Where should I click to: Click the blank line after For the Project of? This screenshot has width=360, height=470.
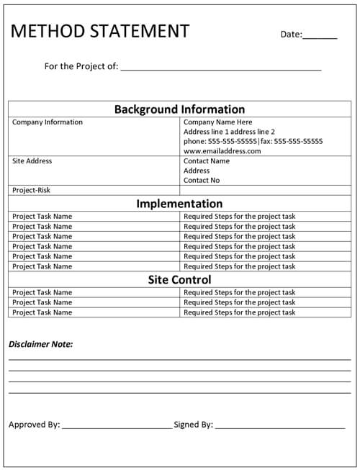click(x=220, y=69)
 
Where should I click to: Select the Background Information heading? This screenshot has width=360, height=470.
click(x=179, y=109)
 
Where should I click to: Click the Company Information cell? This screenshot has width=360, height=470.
click(x=48, y=122)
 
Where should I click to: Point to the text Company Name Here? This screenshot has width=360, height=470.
click(x=218, y=122)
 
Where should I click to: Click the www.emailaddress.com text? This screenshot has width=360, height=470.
click(x=222, y=151)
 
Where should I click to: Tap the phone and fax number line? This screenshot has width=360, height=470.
click(x=253, y=142)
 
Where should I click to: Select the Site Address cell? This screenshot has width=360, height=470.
click(x=32, y=161)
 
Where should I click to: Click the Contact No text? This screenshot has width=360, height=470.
click(x=202, y=181)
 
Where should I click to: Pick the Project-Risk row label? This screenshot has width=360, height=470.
click(x=32, y=191)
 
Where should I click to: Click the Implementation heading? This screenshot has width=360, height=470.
click(x=179, y=204)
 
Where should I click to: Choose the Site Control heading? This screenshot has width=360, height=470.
click(x=179, y=280)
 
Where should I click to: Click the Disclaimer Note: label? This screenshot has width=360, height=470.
click(x=41, y=344)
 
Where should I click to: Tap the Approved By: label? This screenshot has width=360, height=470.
click(x=35, y=425)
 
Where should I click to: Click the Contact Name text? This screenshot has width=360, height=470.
click(x=207, y=161)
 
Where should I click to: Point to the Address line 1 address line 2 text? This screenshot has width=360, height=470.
click(x=229, y=132)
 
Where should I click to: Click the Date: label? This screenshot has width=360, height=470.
click(x=291, y=34)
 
